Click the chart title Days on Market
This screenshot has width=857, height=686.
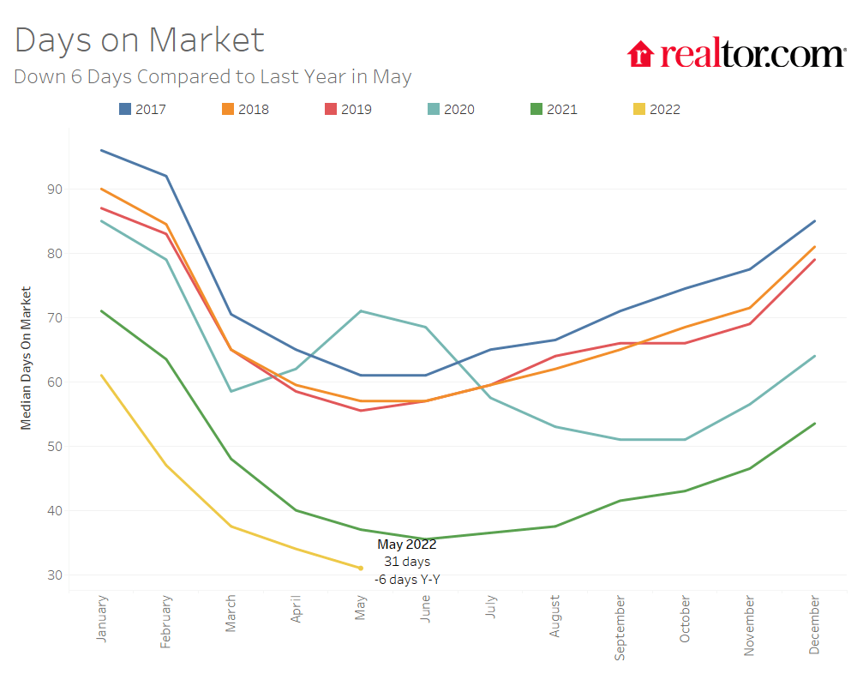(140, 40)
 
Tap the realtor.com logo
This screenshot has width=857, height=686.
(736, 54)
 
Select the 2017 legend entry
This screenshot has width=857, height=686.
(142, 109)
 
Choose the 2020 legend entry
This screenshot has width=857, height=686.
(451, 109)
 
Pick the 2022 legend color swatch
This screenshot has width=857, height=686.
(639, 109)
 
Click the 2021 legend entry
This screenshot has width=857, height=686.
(554, 109)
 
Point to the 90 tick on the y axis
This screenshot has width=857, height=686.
(54, 190)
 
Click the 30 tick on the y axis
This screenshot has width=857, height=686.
(54, 575)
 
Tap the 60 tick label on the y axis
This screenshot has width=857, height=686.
(54, 382)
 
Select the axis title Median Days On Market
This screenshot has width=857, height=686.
(26, 358)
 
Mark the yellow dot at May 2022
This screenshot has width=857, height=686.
(361, 568)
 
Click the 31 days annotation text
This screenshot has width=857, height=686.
(407, 562)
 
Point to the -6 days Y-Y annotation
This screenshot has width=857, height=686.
(407, 580)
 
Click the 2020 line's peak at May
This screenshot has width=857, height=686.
(361, 311)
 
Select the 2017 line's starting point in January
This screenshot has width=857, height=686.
(102, 150)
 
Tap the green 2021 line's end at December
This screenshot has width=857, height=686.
(814, 424)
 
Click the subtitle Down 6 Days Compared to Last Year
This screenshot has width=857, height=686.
(213, 76)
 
